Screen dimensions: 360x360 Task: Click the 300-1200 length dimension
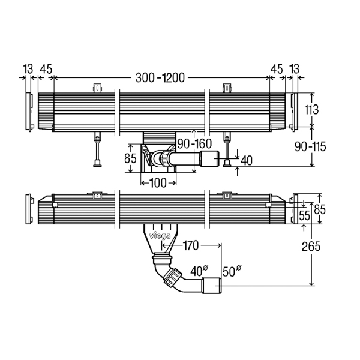[x=159, y=78]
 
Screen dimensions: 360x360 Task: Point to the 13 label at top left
[x=27, y=70]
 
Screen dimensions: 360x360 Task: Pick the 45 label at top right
[x=276, y=70]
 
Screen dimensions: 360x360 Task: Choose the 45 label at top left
[x=46, y=70]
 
